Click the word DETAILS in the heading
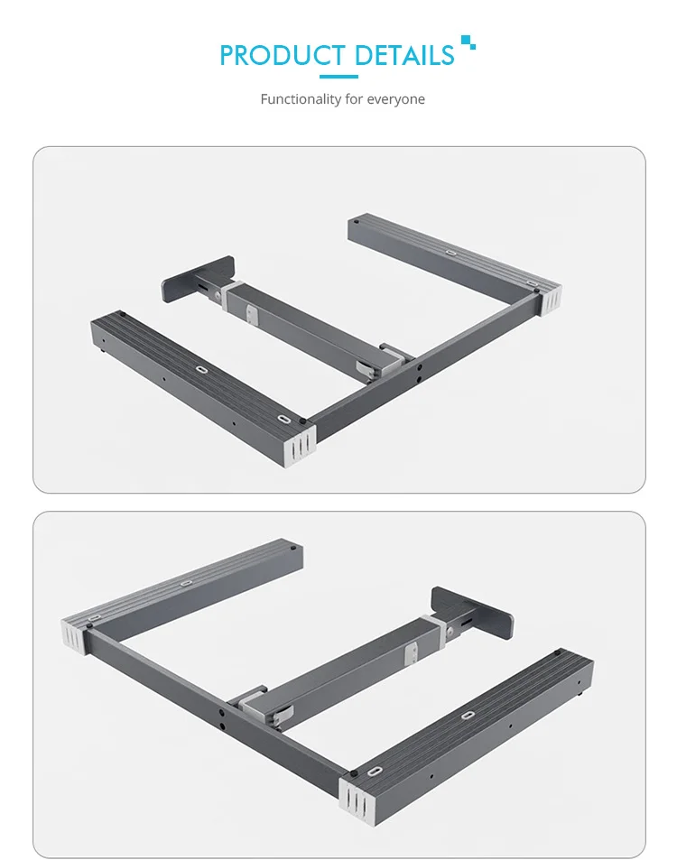(404, 55)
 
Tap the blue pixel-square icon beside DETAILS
(468, 42)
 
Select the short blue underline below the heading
(338, 77)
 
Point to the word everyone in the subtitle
(395, 99)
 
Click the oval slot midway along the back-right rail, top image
(450, 254)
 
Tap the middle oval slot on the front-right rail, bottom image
(468, 716)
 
